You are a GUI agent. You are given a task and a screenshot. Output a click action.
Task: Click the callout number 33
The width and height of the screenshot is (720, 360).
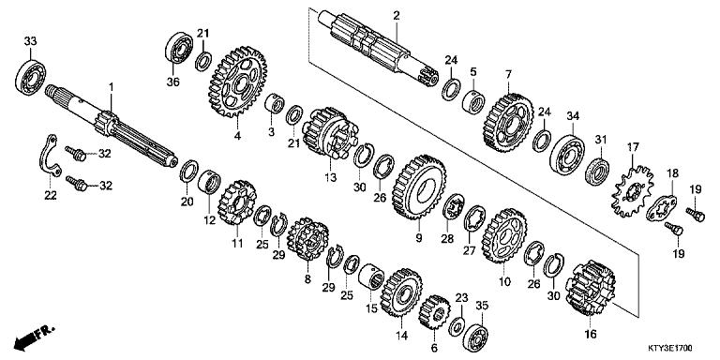(30, 40)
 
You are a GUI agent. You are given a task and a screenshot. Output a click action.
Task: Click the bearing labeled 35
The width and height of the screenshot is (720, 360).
(479, 335)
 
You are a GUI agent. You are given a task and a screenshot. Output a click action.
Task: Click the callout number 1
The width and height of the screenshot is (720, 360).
(111, 87)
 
